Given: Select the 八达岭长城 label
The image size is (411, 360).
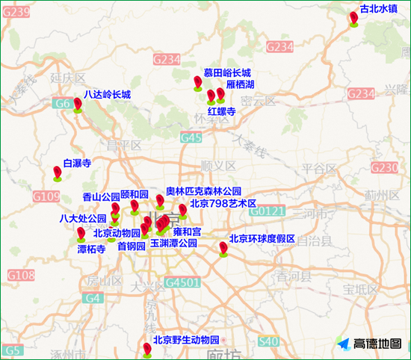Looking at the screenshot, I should tap(107, 95).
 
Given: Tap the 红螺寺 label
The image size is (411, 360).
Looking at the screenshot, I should tap(222, 111).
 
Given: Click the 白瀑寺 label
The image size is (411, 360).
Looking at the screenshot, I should tap(77, 162).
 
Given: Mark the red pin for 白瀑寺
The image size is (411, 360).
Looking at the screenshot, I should tap(58, 173).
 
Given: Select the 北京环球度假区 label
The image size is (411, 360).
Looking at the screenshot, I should tap(262, 239).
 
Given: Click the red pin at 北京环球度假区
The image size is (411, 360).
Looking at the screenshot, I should tap(223, 248).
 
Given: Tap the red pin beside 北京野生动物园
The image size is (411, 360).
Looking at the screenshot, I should tap(147, 348).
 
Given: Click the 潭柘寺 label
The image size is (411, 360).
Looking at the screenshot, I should tap(91, 249).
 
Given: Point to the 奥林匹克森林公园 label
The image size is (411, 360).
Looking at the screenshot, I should tap(203, 191).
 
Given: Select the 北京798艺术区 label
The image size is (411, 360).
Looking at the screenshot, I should tap(223, 203).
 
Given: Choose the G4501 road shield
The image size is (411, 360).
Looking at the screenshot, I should tap(183, 283).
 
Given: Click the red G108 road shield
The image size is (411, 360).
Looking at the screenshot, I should tap(21, 276).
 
